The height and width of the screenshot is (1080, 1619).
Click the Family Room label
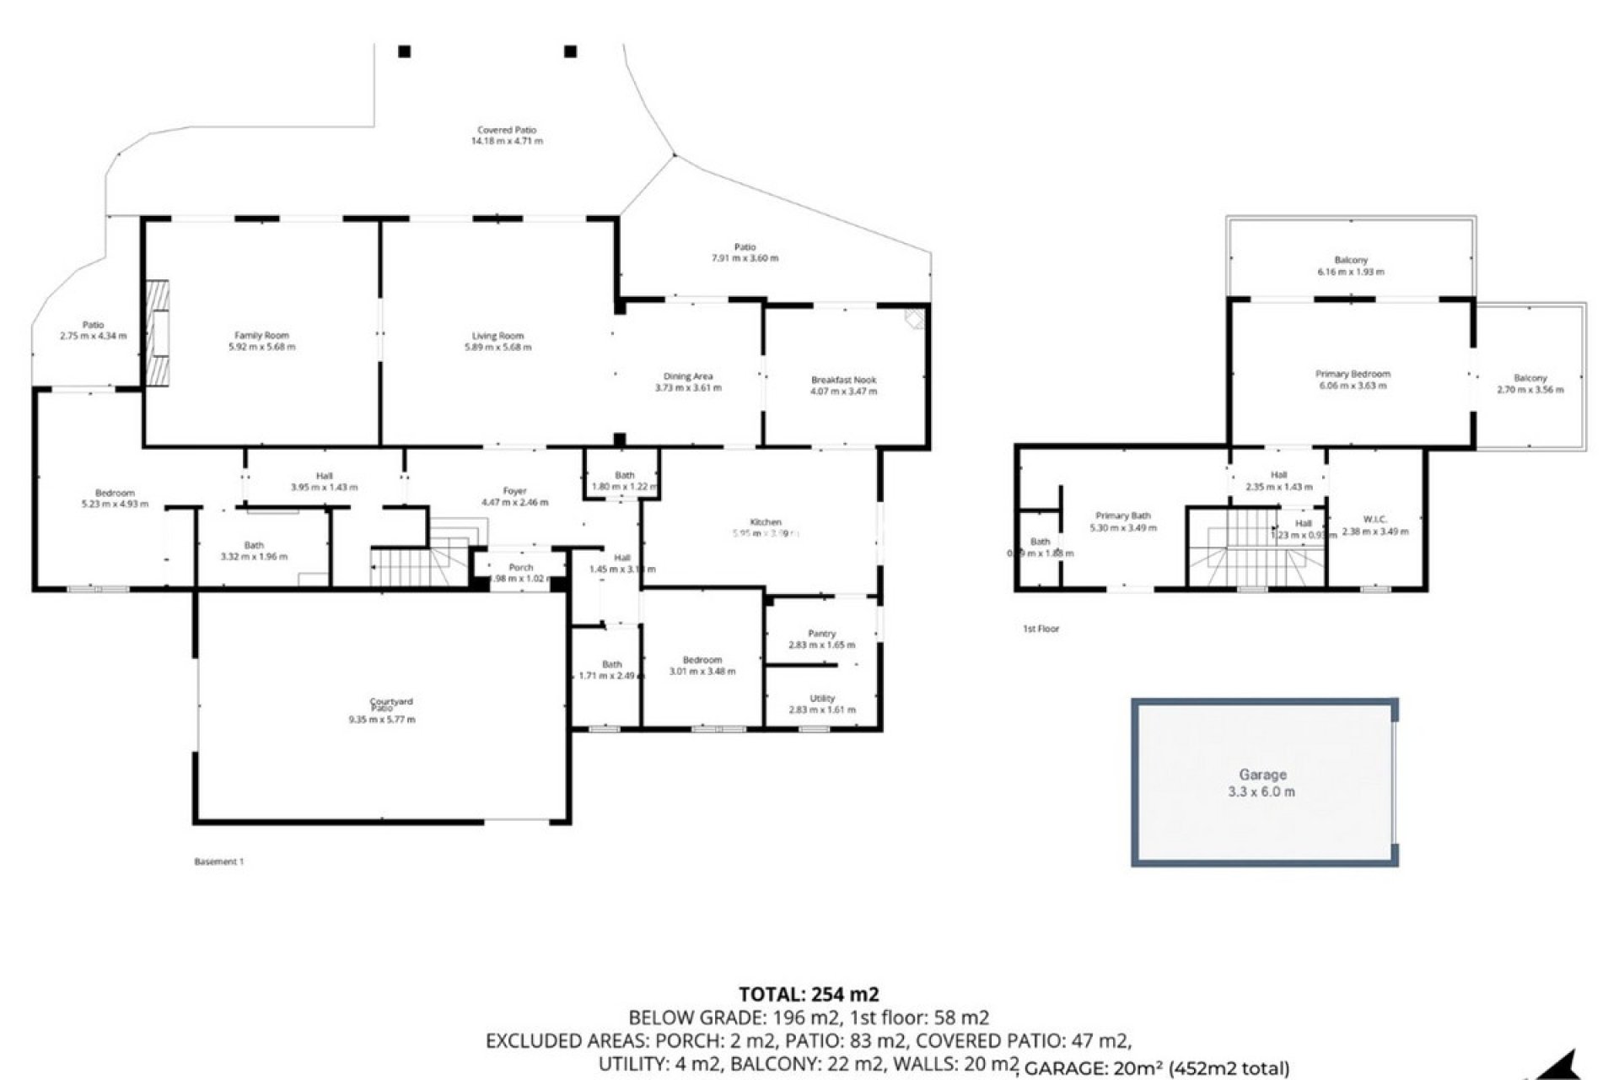[x=261, y=336]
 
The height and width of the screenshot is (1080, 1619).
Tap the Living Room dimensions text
[x=498, y=347]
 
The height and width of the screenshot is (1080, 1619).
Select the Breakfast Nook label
[x=843, y=381]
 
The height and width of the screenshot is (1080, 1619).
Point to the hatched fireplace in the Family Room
[x=157, y=332]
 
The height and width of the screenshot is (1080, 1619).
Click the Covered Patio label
[x=507, y=131]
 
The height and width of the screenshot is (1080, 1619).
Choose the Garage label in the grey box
[x=1262, y=775]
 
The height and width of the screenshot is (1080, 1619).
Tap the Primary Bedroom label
[x=1353, y=374]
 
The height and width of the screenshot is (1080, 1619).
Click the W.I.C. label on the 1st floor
[x=1374, y=520]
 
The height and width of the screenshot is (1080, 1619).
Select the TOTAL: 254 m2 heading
[x=809, y=995]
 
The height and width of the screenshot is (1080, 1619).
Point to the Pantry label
[x=821, y=634]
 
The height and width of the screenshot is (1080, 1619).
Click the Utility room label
[x=822, y=699]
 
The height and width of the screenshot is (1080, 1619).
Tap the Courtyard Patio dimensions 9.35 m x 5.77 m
[x=381, y=720]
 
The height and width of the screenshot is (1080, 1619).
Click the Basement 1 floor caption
[x=218, y=861]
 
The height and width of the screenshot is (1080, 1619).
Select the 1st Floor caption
[x=1041, y=629]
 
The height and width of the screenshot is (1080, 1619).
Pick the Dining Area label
[x=688, y=376]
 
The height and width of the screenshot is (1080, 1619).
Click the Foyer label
[x=514, y=491]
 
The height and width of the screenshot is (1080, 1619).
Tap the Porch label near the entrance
[x=520, y=568]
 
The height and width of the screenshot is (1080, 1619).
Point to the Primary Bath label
[x=1122, y=516]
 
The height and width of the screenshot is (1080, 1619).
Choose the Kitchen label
[x=766, y=522]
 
